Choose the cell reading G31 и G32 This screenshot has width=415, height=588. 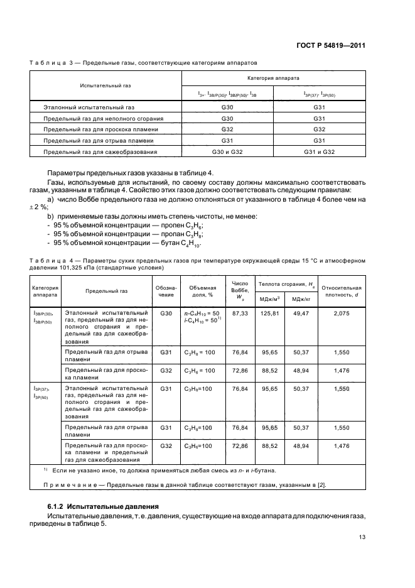(320, 152)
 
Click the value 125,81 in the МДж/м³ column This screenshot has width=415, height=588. (269, 312)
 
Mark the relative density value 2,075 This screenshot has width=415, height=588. (342, 312)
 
